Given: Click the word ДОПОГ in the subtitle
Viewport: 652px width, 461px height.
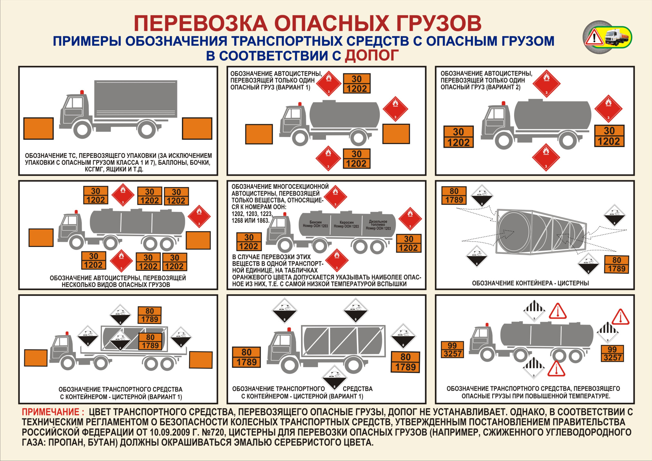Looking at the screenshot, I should tap(371, 55).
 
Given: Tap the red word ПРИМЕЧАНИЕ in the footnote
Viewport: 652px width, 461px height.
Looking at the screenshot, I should tap(53, 412).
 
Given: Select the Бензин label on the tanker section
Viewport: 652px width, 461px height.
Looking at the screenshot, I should tap(315, 224).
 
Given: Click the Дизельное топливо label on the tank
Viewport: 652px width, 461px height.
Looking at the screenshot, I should tap(378, 225).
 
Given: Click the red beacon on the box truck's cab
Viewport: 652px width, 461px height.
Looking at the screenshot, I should tap(81, 92).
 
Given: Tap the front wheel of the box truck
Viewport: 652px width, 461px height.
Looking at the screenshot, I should tap(82, 130).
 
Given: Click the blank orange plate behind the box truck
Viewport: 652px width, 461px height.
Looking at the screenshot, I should tap(197, 128).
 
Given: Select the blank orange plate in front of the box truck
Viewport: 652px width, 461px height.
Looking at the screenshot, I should tap(38, 128).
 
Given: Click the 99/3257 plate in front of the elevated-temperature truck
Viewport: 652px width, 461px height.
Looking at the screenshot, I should tap(453, 350).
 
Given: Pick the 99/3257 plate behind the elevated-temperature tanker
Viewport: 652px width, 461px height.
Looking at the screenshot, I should tap(612, 354).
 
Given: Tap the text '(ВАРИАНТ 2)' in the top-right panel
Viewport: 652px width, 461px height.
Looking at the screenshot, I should tap(503, 87).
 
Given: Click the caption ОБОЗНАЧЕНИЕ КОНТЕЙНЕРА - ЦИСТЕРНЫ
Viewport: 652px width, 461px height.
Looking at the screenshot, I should tap(530, 283).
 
